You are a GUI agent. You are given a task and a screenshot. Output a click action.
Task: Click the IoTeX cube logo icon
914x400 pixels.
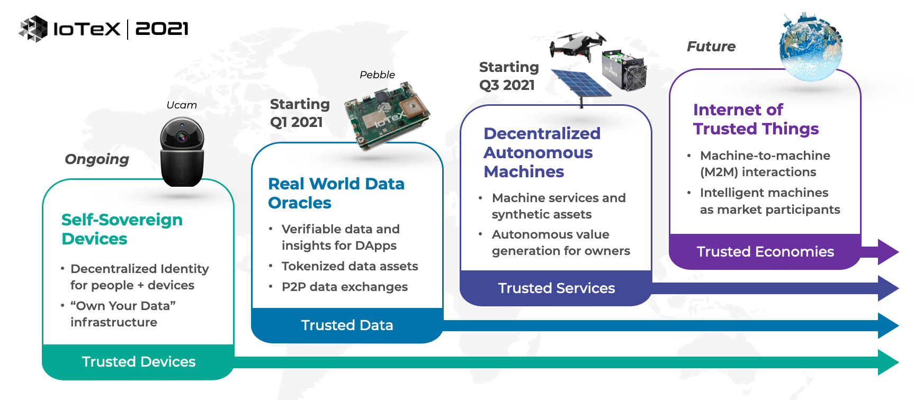[33, 29]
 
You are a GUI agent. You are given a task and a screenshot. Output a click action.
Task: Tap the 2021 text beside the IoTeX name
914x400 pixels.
[162, 29]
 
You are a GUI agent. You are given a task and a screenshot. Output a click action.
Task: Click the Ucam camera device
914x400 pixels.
[182, 152]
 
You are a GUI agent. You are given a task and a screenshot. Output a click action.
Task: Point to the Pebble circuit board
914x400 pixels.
[387, 114]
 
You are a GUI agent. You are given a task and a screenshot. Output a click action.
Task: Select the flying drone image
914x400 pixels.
[578, 44]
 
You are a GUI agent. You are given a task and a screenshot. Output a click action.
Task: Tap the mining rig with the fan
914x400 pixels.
[624, 70]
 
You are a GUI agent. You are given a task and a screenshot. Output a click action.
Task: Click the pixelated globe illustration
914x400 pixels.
[810, 48]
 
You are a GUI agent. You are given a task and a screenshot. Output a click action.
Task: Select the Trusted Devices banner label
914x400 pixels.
[139, 362]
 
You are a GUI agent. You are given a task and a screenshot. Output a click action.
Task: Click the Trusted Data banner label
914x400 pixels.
[347, 325]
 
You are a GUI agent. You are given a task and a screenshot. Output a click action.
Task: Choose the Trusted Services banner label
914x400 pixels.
[557, 288]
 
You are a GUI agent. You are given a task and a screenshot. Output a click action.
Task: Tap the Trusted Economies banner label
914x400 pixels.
[765, 252]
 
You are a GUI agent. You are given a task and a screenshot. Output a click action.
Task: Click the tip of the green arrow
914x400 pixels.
[899, 362]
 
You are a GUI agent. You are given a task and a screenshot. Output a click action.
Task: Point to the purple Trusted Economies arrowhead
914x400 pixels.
[888, 252]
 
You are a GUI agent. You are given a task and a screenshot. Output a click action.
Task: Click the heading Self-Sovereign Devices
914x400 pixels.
[122, 229]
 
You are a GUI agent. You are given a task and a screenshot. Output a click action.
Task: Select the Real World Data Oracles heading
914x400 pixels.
[336, 193]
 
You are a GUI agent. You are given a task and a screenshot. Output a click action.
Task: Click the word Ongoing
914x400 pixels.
[97, 159]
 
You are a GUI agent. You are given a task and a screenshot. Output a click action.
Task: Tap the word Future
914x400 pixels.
[711, 47]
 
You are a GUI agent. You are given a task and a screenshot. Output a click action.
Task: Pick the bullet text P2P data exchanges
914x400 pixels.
[345, 287]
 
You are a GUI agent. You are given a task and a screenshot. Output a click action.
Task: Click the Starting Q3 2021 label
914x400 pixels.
[509, 76]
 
